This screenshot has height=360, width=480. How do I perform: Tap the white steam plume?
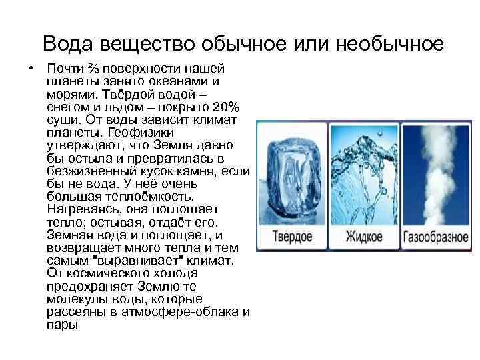click(434, 170)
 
